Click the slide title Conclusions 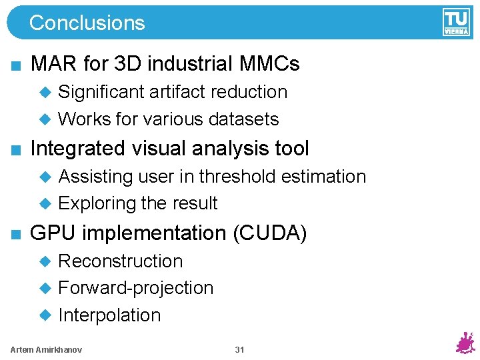pos(87,23)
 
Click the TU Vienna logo pos(456,22)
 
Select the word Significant pos(101,92)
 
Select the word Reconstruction pos(120,261)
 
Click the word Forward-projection pos(136,288)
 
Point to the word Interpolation pos(109,315)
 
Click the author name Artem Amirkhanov pos(47,350)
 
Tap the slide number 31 pos(239,350)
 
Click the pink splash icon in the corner pos(464,342)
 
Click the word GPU pos(53,233)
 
